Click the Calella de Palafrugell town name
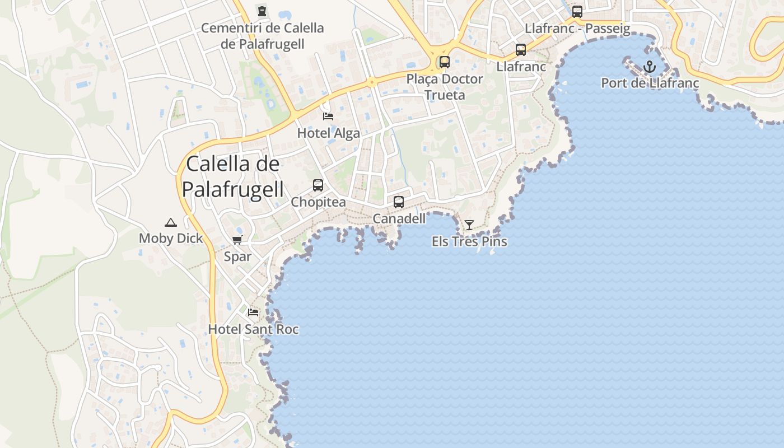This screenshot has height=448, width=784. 232,176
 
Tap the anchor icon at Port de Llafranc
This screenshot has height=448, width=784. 650,67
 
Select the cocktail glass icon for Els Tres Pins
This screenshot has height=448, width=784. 469,225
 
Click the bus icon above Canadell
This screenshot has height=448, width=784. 399,202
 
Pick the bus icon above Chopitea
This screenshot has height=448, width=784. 318,185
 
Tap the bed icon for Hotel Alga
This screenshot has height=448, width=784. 329,116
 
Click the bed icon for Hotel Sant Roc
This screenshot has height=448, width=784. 253,312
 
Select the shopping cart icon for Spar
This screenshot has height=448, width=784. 237,240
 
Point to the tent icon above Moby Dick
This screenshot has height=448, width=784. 171,222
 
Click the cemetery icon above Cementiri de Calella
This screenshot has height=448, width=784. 262,11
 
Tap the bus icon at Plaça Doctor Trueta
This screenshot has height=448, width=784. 445,62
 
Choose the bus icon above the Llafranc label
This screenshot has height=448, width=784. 521,50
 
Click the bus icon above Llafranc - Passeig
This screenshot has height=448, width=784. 577,11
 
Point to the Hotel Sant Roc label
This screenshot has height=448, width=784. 253,329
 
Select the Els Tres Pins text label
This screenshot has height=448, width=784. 469,241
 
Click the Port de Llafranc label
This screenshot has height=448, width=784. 650,83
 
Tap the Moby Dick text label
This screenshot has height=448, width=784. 171,238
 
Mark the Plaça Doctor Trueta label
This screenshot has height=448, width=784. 445,87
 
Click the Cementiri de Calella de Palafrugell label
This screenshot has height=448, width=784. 262,36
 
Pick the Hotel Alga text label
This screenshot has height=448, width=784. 329,133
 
